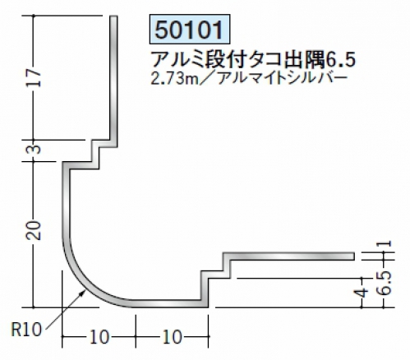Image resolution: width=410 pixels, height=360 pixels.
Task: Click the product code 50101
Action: pos(189,30)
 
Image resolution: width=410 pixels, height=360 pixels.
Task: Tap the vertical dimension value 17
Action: pos(34,78)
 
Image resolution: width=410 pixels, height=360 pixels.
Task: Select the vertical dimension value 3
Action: pos(35,150)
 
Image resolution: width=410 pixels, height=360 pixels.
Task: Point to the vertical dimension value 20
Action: pos(34,230)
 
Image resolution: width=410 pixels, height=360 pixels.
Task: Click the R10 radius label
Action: pos(26,329)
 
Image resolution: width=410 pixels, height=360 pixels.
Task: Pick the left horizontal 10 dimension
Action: pos(99,337)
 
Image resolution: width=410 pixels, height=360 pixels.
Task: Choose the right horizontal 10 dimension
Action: pos(172,337)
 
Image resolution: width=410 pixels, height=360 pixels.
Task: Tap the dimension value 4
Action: pos(362,293)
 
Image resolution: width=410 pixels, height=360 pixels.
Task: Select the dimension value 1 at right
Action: pos(386,243)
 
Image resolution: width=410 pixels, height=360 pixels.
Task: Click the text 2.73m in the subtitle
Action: pos(172,79)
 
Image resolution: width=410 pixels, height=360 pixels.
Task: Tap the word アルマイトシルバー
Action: pos(283,79)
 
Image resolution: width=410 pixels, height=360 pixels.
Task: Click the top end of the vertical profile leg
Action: pos(114,16)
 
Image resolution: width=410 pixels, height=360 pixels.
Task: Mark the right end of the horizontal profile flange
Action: pos(353,256)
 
